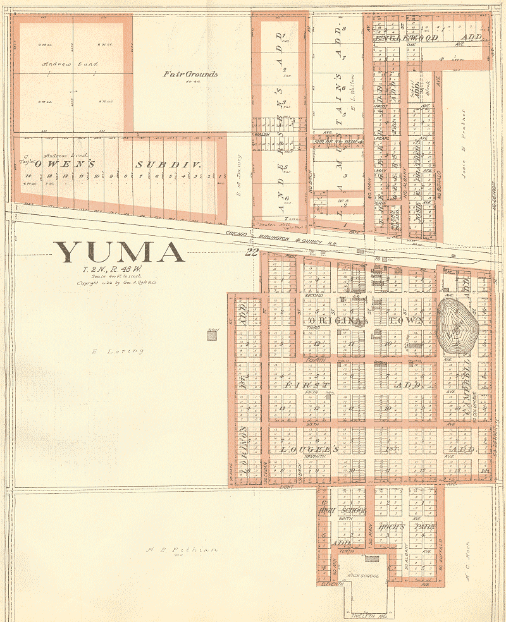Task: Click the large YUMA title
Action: (119, 253)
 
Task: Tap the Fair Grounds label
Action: (190, 74)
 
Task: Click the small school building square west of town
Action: (212, 335)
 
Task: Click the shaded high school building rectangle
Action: (373, 559)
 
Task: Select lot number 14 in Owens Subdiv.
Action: (28, 174)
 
